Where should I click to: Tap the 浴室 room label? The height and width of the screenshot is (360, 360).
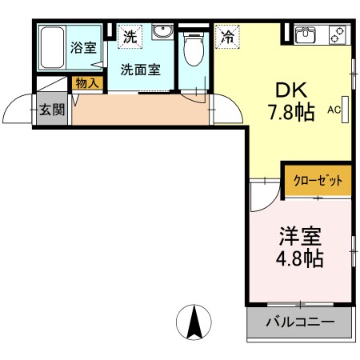click(x=82, y=47)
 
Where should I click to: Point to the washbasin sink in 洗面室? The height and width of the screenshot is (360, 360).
click(x=162, y=33)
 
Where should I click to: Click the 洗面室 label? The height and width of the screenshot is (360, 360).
click(x=139, y=70)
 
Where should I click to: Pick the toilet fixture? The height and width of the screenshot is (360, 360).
click(x=193, y=51)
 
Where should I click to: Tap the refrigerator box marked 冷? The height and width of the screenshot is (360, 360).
click(x=227, y=35)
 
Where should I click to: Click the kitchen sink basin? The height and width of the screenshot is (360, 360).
click(x=307, y=34)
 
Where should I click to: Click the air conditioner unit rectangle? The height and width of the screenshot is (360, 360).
click(x=346, y=110)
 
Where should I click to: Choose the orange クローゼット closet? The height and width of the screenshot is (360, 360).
click(x=317, y=180)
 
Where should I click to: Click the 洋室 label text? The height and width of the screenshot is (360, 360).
click(x=300, y=237)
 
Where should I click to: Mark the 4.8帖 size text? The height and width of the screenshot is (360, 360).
click(x=300, y=260)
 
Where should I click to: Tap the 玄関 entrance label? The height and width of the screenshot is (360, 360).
click(x=52, y=110)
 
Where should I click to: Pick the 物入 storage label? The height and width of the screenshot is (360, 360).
click(x=86, y=82)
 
